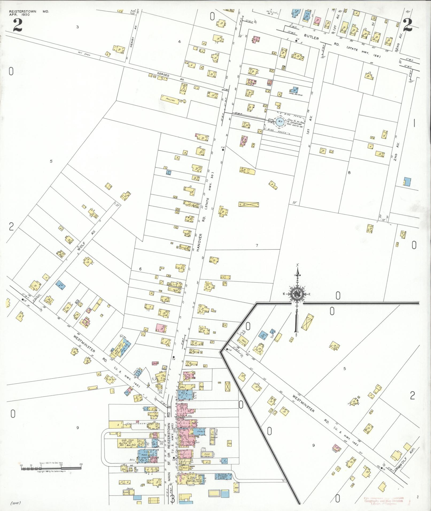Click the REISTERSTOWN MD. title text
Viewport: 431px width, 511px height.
tap(29, 11)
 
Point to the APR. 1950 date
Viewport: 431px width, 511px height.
tap(19, 15)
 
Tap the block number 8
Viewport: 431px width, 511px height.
tap(349, 173)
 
